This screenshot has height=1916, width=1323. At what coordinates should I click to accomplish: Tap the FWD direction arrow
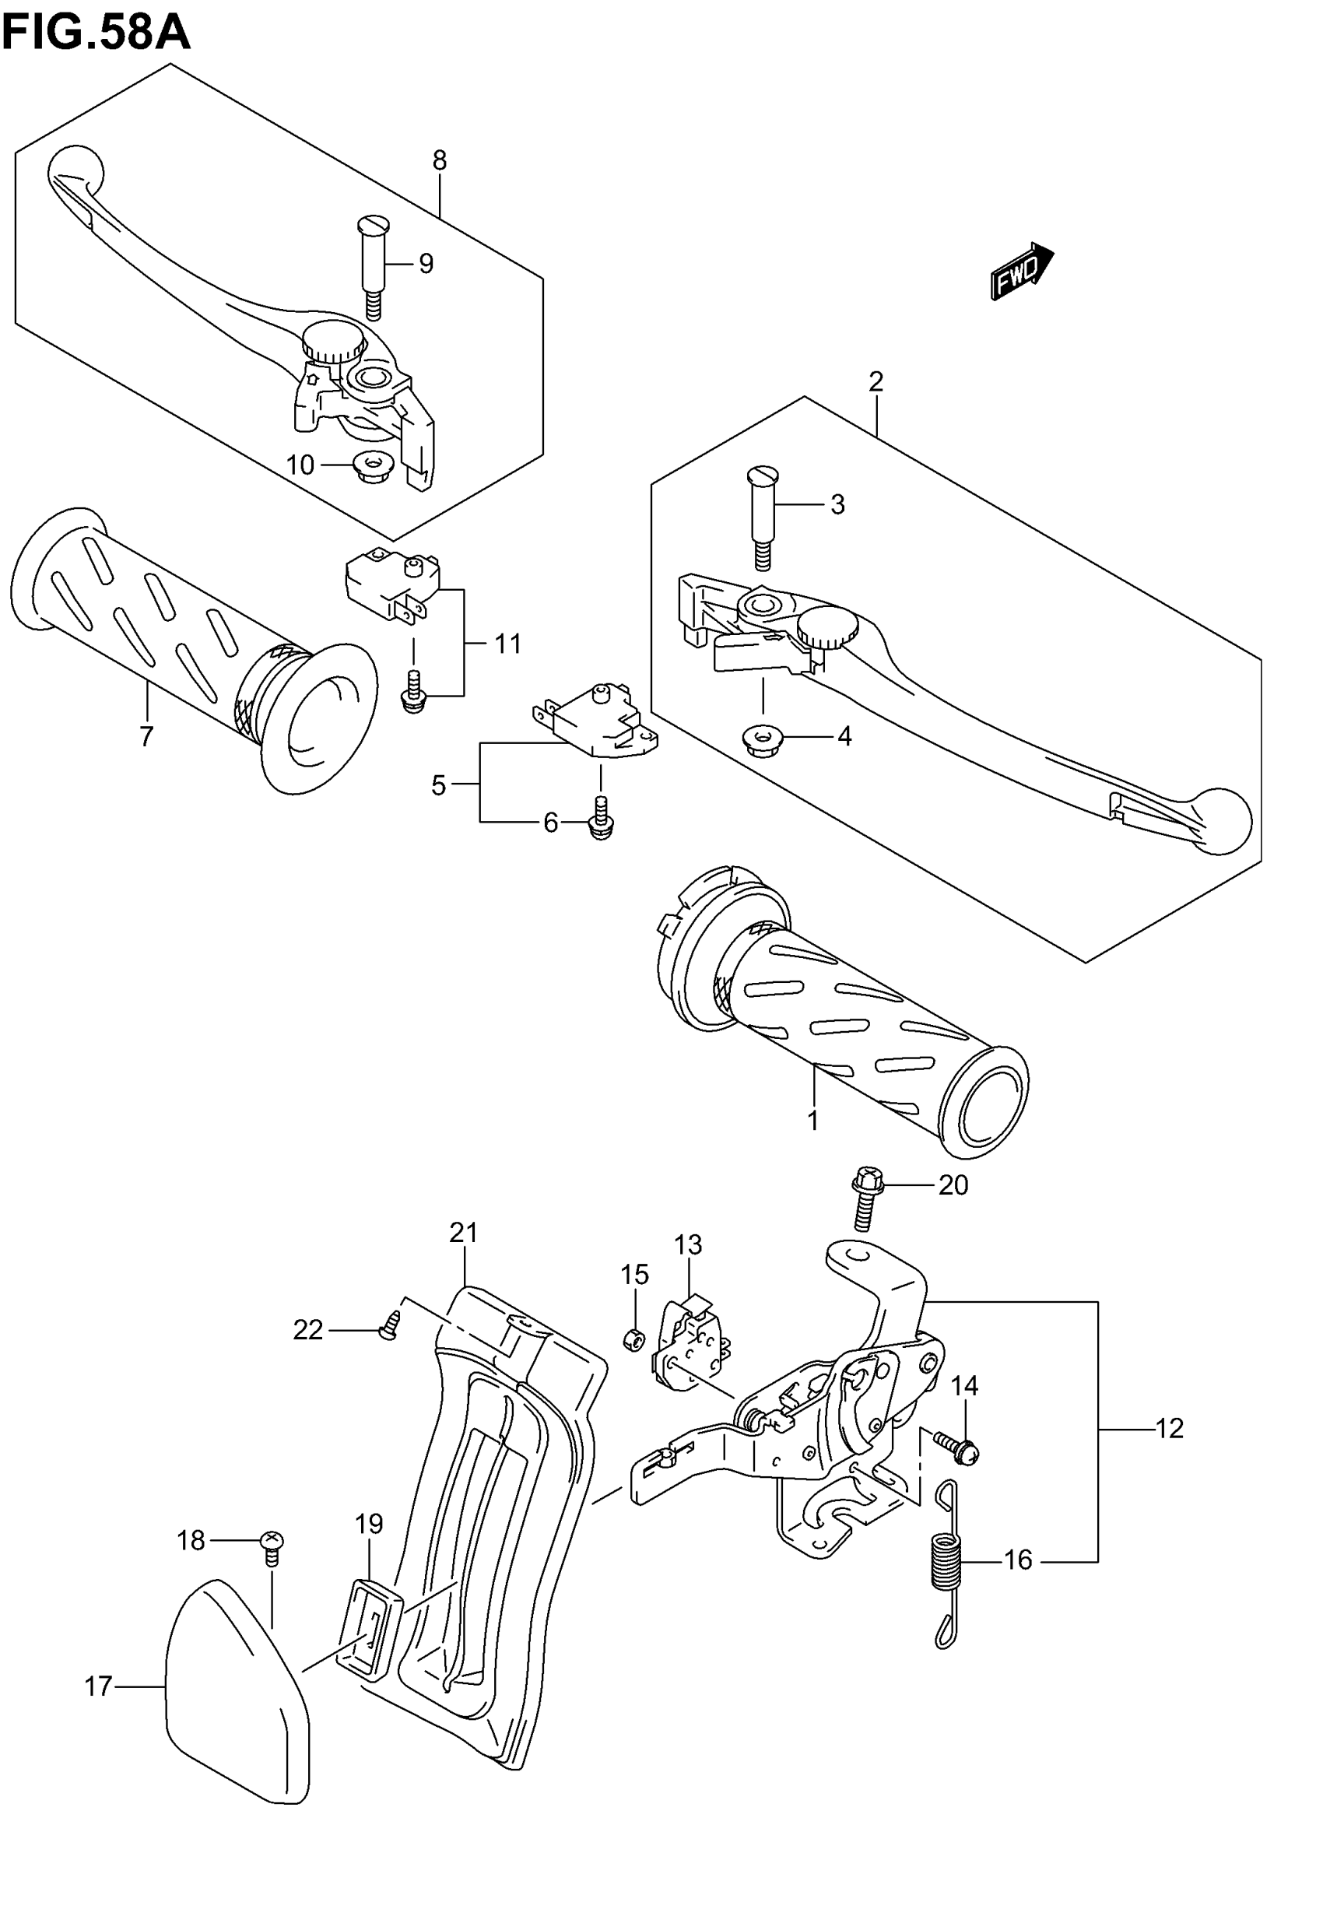pyautogui.click(x=1021, y=270)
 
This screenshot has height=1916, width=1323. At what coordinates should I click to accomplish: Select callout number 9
pyautogui.click(x=425, y=264)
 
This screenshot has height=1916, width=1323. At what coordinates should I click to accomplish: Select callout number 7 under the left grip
pyautogui.click(x=147, y=736)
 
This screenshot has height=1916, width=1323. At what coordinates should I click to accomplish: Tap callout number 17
pyautogui.click(x=98, y=1686)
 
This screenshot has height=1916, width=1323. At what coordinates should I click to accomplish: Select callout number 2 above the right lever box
pyautogui.click(x=876, y=381)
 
